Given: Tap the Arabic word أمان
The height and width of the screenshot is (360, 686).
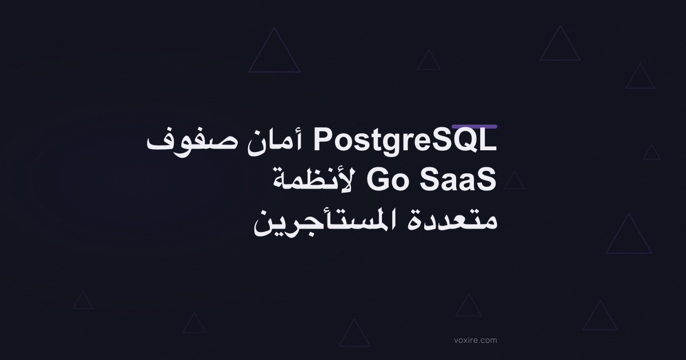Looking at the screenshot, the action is [275, 142].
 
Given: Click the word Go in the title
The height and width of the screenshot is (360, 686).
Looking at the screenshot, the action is [387, 181].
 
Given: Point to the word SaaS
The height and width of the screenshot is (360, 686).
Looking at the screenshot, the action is [458, 181].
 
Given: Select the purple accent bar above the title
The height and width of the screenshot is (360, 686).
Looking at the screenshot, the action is [474, 126].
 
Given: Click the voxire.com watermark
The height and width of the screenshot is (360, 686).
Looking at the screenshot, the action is [476, 340].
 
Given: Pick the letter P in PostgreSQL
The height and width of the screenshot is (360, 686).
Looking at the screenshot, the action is [322, 141].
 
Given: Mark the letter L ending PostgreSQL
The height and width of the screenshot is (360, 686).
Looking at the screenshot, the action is [489, 141].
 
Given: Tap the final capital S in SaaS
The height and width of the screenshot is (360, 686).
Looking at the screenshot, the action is [488, 181].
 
